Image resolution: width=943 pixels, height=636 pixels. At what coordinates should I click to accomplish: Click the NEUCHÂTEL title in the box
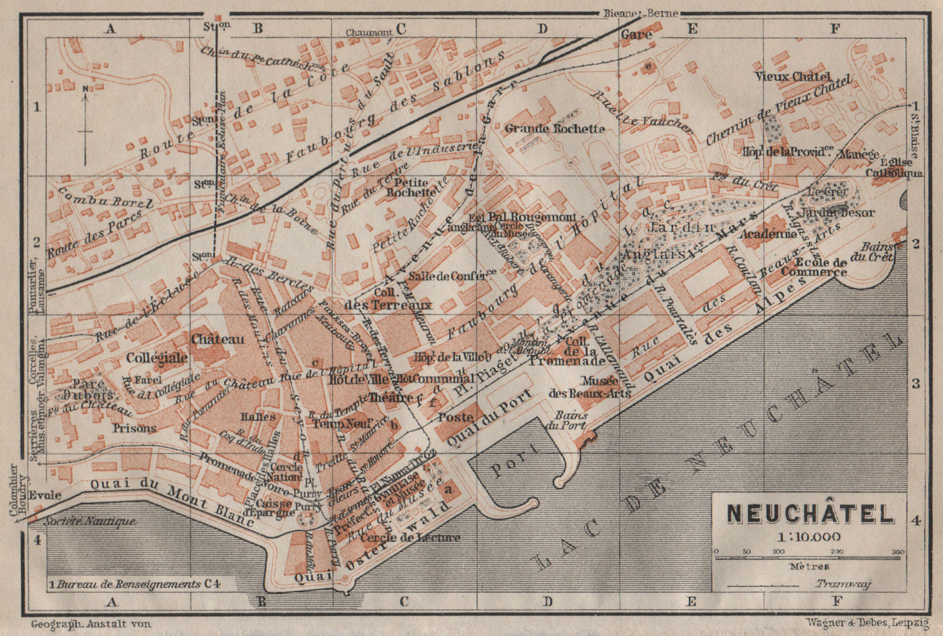[810, 515]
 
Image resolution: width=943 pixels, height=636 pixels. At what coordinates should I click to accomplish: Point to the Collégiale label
[156, 358]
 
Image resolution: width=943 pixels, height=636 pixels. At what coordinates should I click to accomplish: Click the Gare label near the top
[637, 35]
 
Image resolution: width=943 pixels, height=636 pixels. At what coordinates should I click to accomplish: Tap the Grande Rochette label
[555, 128]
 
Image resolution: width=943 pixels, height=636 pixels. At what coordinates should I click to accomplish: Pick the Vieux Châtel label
[793, 77]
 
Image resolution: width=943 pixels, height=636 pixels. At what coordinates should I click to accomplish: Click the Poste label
[456, 417]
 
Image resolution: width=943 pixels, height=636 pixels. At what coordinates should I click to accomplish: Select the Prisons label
[134, 428]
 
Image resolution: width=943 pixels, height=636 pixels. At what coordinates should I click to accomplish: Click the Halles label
[258, 417]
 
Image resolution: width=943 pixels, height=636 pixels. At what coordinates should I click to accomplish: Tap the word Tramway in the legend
[843, 584]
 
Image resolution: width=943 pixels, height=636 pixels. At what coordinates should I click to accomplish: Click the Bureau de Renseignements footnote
[134, 584]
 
